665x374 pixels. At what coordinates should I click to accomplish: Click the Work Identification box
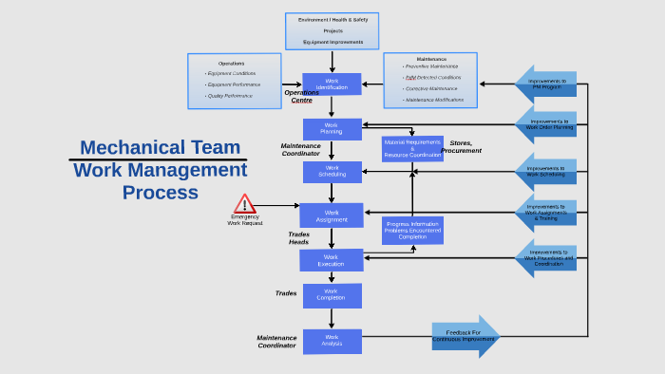[x=332, y=84]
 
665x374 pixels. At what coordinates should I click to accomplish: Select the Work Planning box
[x=332, y=129]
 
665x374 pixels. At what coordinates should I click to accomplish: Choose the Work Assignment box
[x=332, y=215]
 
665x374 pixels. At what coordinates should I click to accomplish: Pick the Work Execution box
[x=332, y=259]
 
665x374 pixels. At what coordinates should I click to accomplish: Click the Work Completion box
[x=332, y=295]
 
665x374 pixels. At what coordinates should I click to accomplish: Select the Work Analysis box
[x=332, y=341]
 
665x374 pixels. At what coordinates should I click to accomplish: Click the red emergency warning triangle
[x=245, y=204]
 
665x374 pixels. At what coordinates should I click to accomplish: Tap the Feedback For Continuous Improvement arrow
[x=465, y=336]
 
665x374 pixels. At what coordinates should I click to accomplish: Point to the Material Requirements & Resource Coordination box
[x=412, y=149]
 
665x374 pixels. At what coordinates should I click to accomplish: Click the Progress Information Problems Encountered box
[x=412, y=231]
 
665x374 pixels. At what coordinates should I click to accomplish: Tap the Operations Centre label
[x=301, y=96]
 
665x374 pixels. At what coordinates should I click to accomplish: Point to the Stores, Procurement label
[x=461, y=146]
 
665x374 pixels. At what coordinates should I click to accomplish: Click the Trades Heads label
[x=299, y=238]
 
